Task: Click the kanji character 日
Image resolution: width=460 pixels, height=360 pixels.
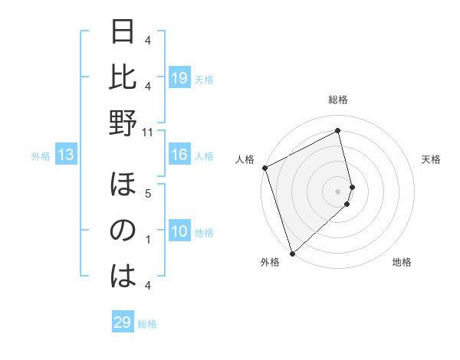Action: [123, 34]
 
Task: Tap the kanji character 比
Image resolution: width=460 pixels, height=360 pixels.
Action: [123, 78]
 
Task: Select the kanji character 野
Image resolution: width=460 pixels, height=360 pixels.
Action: [123, 123]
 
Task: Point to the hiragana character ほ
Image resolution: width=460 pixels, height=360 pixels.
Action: [123, 187]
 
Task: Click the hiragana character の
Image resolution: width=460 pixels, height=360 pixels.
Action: [123, 231]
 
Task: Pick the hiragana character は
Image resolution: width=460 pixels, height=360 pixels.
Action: [123, 276]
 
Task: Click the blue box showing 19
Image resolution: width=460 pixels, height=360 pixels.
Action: [179, 78]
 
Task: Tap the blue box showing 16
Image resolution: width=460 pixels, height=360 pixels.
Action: [179, 155]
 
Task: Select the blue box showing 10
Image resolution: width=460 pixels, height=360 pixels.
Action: [179, 232]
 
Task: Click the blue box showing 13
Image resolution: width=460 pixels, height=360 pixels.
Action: [66, 155]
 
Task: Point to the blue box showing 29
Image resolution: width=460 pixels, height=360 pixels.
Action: [123, 322]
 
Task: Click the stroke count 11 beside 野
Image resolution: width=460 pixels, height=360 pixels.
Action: [148, 133]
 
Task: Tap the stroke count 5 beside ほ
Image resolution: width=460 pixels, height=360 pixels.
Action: [148, 194]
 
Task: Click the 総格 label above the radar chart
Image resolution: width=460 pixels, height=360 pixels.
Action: [337, 100]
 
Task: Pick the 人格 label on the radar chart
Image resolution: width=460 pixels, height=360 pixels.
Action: [246, 159]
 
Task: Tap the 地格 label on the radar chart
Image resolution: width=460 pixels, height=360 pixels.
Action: [402, 263]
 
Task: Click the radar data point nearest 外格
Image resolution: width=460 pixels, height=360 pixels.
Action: [292, 253]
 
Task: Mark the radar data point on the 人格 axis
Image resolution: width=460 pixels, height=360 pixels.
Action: [264, 168]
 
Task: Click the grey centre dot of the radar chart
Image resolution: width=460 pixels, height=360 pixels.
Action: [337, 191]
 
